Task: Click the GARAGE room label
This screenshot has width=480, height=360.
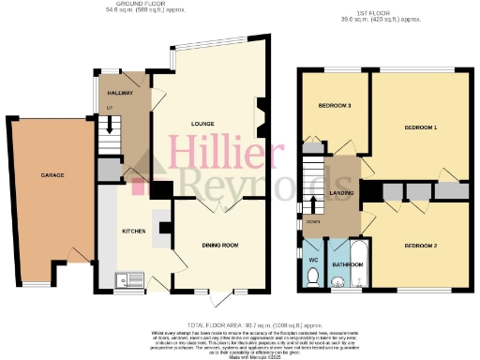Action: tap(52, 175)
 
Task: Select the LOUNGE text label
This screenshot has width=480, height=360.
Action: tap(204, 123)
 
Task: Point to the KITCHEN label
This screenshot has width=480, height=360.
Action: tap(134, 230)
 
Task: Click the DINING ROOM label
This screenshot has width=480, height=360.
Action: tap(220, 245)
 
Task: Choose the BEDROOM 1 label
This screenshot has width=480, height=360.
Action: tap(421, 126)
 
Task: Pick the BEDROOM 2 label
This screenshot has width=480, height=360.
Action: tap(421, 245)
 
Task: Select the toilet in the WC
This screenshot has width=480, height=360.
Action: tap(313, 275)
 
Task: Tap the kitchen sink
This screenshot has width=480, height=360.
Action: tap(125, 279)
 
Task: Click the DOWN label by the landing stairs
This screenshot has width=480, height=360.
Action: tap(312, 222)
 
